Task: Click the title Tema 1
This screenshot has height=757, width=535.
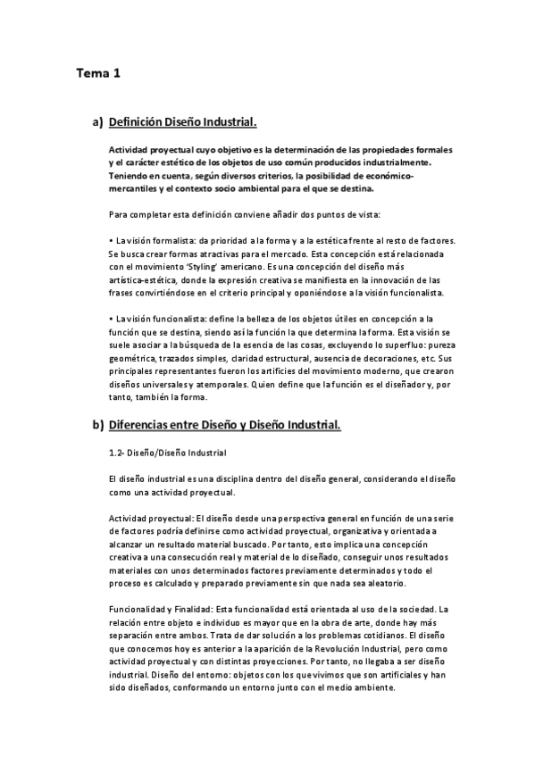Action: click(x=97, y=75)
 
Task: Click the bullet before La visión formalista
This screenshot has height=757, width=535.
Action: click(x=110, y=241)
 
